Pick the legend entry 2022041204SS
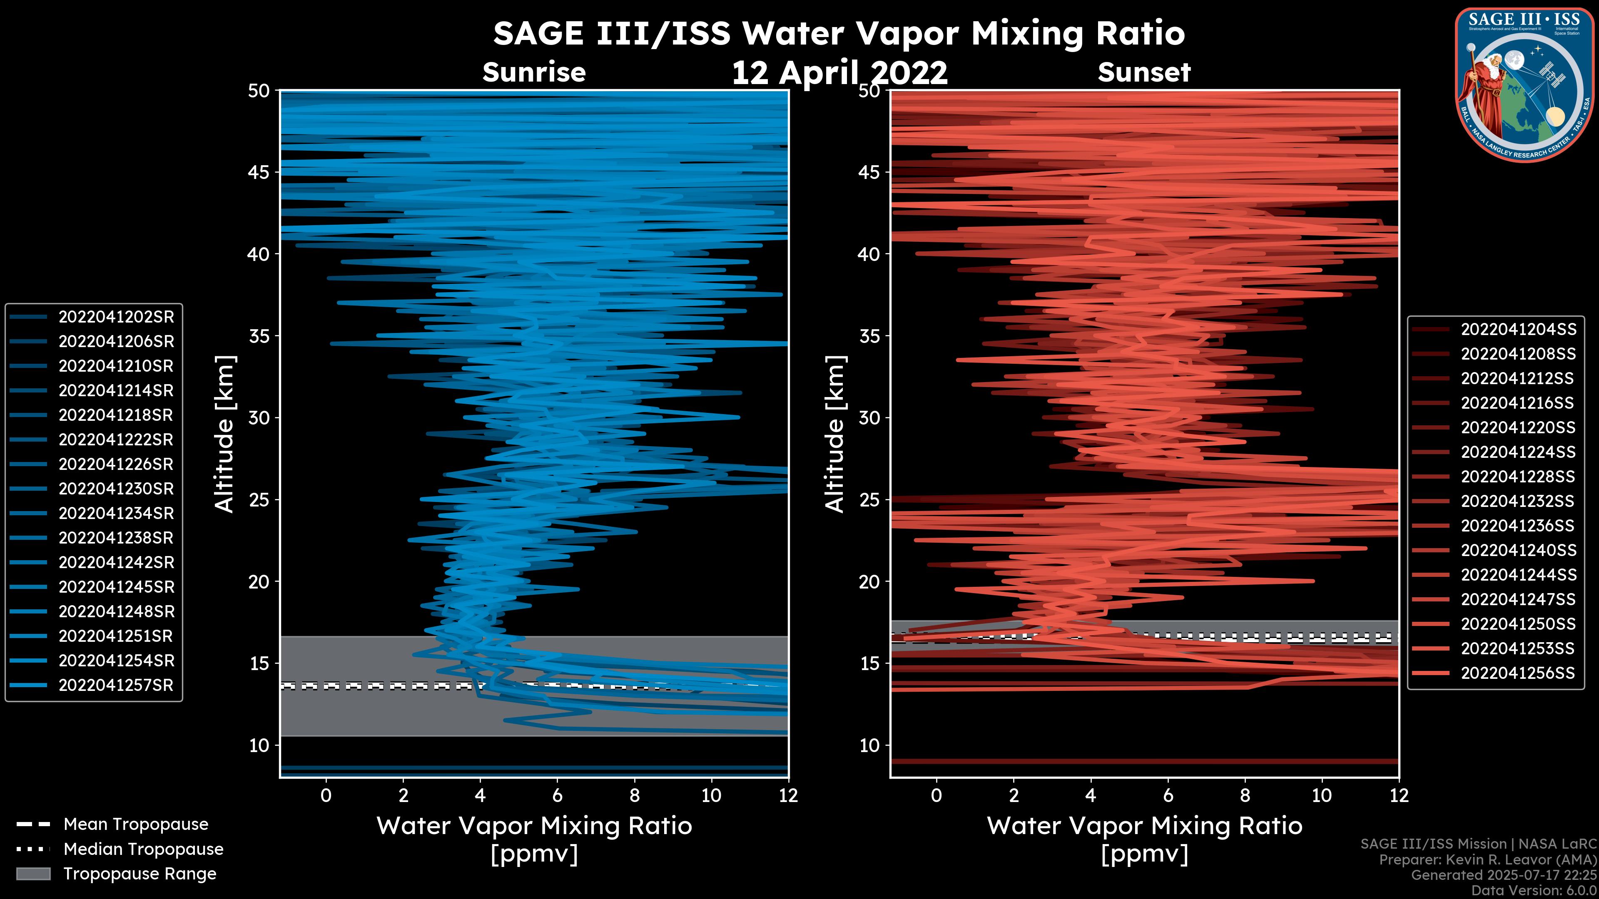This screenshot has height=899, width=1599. pyautogui.click(x=1518, y=330)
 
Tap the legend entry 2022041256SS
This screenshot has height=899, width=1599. pyautogui.click(x=1518, y=673)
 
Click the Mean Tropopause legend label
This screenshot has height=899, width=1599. pyautogui.click(x=136, y=824)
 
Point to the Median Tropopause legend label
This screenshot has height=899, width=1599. pyautogui.click(x=143, y=849)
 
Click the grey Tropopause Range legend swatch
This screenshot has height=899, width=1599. pyautogui.click(x=33, y=874)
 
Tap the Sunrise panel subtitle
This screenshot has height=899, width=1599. pyautogui.click(x=534, y=72)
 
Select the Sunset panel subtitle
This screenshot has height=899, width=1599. pyautogui.click(x=1144, y=72)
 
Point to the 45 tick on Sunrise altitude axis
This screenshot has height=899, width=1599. pyautogui.click(x=259, y=172)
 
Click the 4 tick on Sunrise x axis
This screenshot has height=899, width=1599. pyautogui.click(x=480, y=795)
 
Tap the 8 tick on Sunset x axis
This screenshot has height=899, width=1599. pyautogui.click(x=1245, y=795)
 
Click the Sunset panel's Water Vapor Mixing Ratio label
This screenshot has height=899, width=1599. pyautogui.click(x=1144, y=826)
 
